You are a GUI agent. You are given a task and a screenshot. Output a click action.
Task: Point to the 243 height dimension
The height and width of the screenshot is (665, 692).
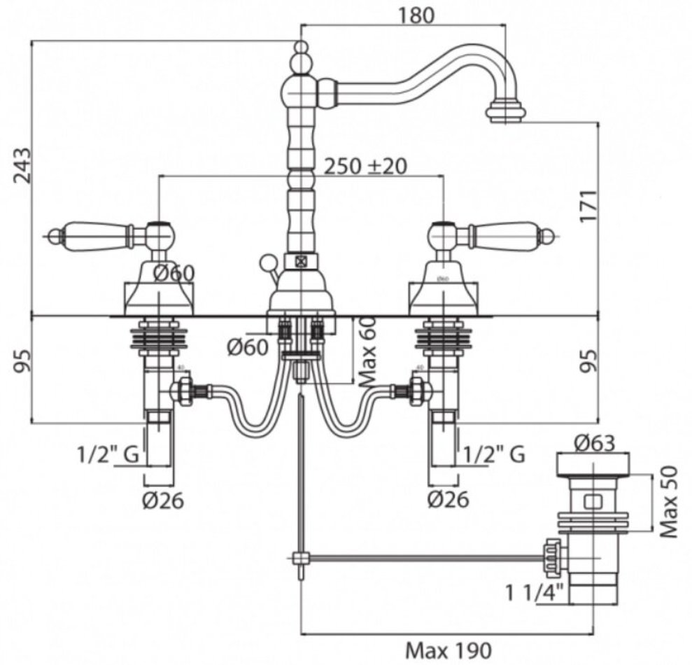(23, 165)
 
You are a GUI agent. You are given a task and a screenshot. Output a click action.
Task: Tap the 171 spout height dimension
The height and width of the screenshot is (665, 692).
(590, 206)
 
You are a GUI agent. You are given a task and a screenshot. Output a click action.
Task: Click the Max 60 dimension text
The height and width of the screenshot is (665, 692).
(369, 351)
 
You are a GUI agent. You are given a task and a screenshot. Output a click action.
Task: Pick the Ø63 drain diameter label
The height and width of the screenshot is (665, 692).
(594, 443)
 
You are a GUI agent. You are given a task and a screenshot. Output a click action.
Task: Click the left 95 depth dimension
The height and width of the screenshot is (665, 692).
(23, 368)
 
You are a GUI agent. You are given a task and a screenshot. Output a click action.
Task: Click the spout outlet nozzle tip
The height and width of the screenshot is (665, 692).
(507, 111)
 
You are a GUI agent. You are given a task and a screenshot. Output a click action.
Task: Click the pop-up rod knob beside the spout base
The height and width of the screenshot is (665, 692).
(267, 264)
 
